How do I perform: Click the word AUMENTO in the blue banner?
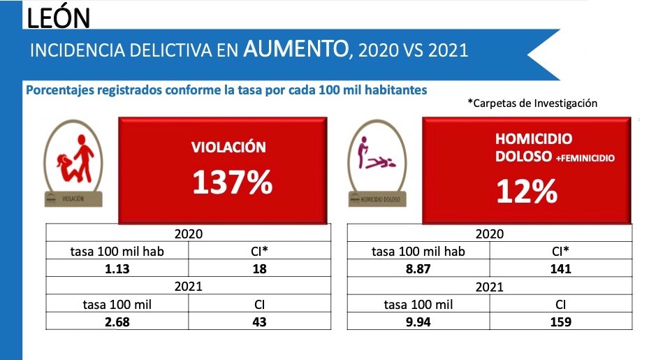(296, 50)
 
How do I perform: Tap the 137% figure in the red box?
(232, 182)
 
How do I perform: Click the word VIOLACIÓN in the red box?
(229, 147)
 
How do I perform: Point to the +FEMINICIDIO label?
(585, 159)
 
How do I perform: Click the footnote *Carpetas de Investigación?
(532, 103)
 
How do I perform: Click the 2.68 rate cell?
(117, 322)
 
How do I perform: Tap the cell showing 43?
(259, 322)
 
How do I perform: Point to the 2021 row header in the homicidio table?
(489, 287)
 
